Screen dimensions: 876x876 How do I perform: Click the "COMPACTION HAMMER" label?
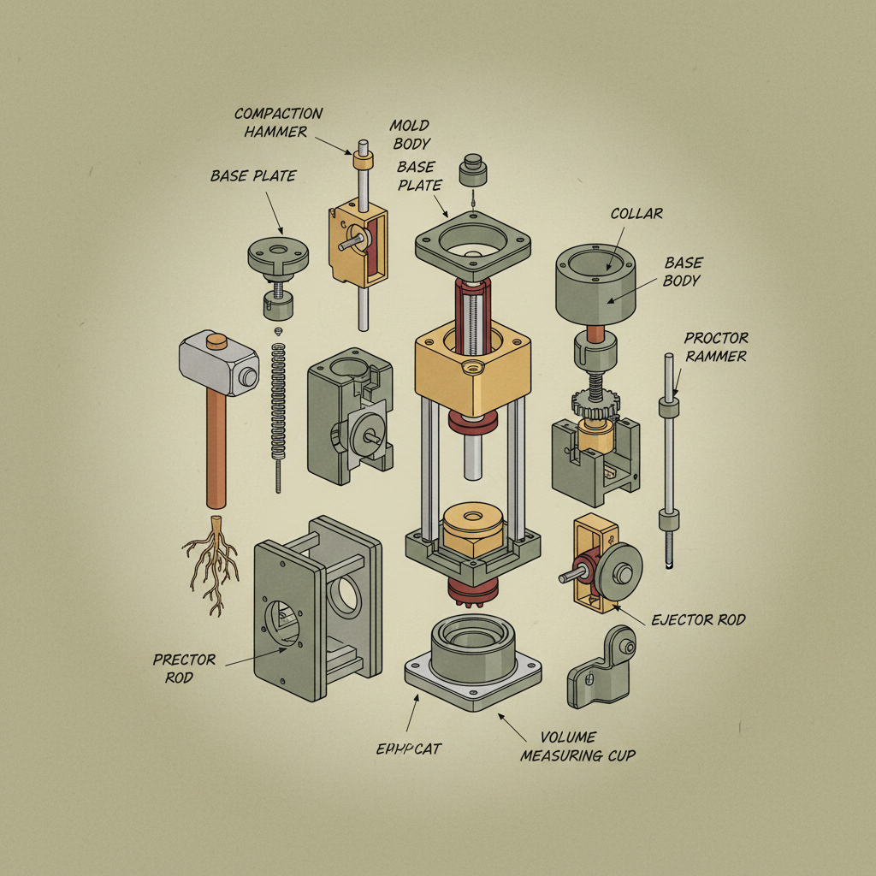(278, 121)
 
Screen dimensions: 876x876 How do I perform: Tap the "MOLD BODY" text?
(410, 133)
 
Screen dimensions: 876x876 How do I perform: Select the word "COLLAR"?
(636, 213)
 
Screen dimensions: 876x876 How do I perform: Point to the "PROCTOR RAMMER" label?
(715, 346)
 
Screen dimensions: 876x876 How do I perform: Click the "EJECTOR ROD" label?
(697, 619)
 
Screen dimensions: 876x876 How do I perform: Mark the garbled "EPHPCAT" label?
(408, 749)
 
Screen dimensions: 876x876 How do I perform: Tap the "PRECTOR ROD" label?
(184, 668)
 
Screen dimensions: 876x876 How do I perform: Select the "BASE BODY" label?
(684, 272)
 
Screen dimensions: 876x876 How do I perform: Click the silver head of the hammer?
(218, 364)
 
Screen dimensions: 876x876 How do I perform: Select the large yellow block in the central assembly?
(471, 368)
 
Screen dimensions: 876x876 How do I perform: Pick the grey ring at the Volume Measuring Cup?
(473, 647)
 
